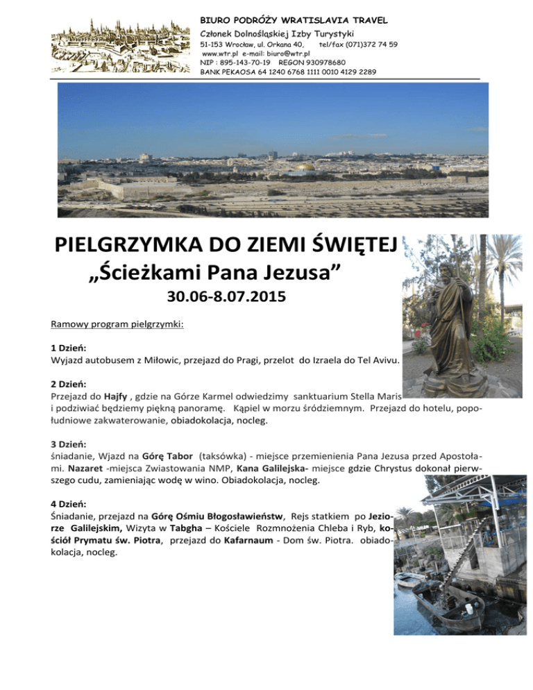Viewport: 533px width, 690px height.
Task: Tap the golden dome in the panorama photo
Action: [x=303, y=167]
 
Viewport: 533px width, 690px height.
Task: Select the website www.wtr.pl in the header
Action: [x=217, y=53]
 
